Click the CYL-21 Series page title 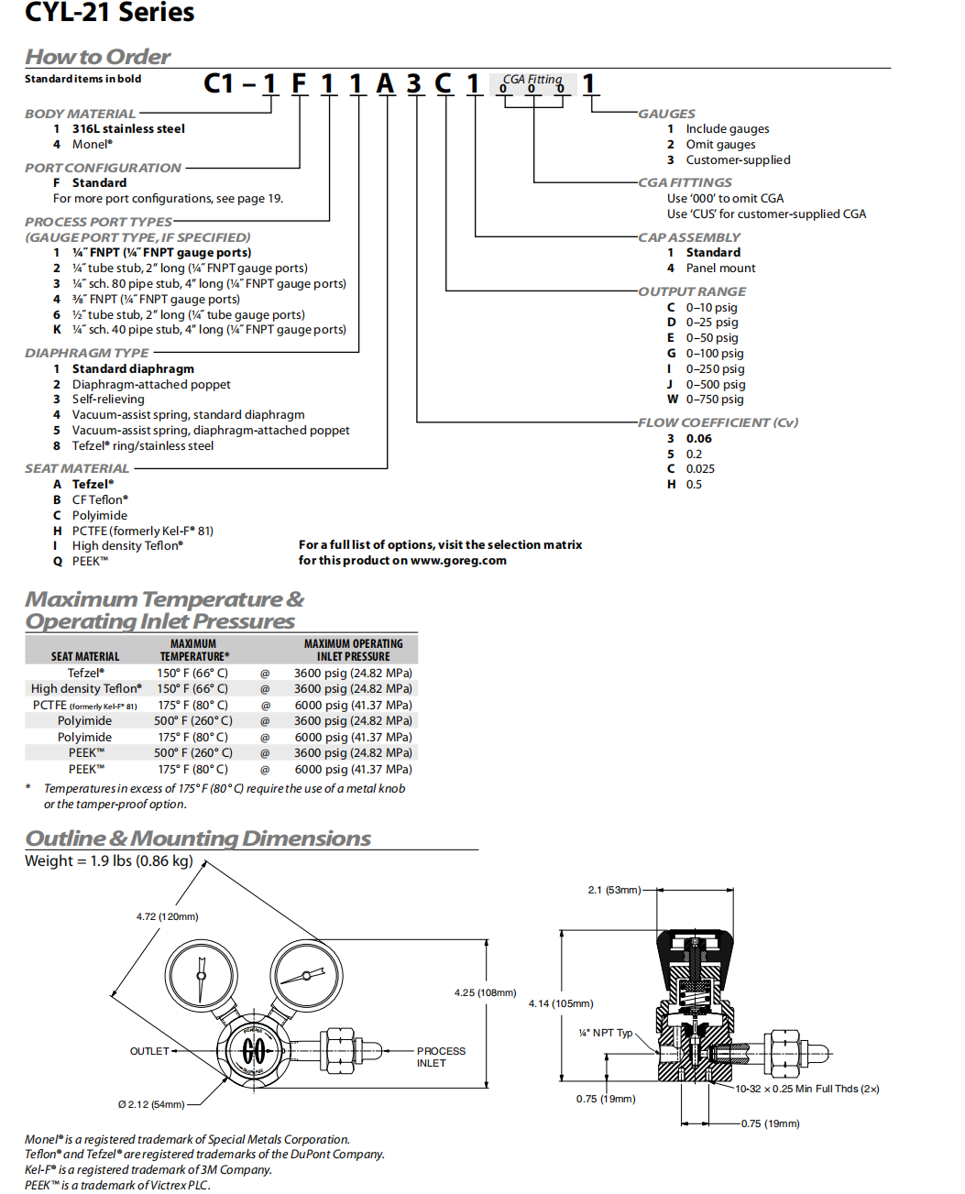[109, 13]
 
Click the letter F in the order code [299, 83]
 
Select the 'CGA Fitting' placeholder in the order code [532, 80]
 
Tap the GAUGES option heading [666, 114]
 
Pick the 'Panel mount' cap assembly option [720, 268]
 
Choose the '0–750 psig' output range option [715, 400]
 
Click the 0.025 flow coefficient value [700, 469]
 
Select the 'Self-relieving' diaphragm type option [108, 400]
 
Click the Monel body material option [92, 145]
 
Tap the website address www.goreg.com [458, 561]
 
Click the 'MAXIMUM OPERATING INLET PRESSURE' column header [353, 651]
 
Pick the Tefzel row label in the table [85, 673]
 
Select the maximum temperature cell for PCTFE [192, 706]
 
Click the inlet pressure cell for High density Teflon [353, 689]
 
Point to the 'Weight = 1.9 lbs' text [108, 861]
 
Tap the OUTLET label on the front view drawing [149, 1051]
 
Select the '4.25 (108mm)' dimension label [485, 992]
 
